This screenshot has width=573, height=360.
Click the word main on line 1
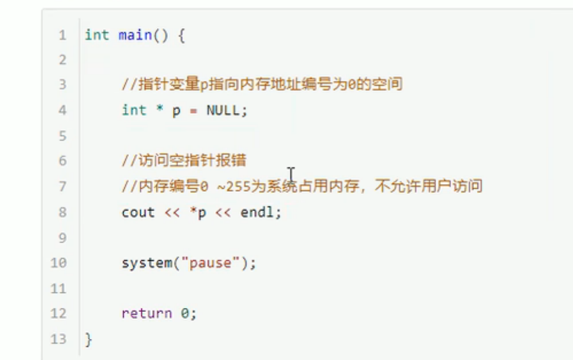135,35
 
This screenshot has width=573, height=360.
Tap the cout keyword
138,212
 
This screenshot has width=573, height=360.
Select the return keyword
147,313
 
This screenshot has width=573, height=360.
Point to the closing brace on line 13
88,339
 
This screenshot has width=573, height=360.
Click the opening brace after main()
181,35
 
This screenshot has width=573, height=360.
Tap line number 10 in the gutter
58,263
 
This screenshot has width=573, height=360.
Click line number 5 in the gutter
62,136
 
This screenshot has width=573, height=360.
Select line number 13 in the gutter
58,339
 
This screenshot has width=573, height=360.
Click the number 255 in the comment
238,187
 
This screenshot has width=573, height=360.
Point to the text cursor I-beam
291,175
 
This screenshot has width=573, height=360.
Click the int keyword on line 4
134,110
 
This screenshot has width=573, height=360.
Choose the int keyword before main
97,35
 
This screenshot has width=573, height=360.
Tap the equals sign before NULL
193,110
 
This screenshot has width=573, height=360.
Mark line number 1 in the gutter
62,35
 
